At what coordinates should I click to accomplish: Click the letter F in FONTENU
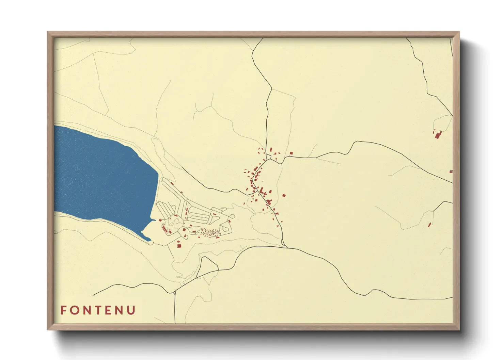63,310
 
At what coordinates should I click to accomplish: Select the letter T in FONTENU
99,310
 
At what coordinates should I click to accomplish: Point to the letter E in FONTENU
109,310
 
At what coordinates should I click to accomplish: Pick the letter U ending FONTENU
132,310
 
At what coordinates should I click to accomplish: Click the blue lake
102,177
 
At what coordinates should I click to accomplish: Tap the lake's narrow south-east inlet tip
149,240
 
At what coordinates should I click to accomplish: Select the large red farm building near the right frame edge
438,135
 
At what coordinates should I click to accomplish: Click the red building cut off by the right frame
451,171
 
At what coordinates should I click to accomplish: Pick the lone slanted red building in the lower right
429,225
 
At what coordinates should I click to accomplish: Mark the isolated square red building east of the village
284,196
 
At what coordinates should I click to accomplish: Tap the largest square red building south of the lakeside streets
179,245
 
